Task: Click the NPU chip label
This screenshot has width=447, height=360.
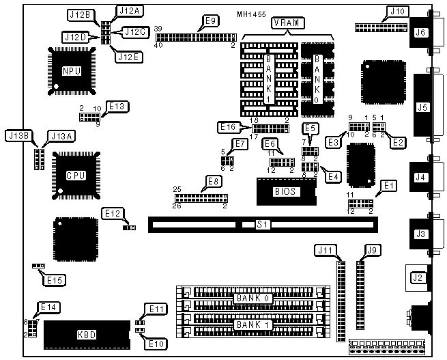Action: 70,70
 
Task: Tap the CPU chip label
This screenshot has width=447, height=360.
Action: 76,175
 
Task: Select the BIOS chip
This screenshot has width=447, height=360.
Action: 285,191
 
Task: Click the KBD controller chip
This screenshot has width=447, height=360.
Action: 86,335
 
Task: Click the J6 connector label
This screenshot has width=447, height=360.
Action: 420,31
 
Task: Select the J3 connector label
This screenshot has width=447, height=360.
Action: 420,234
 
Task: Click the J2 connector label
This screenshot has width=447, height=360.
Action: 415,277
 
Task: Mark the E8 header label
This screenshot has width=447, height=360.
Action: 214,182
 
